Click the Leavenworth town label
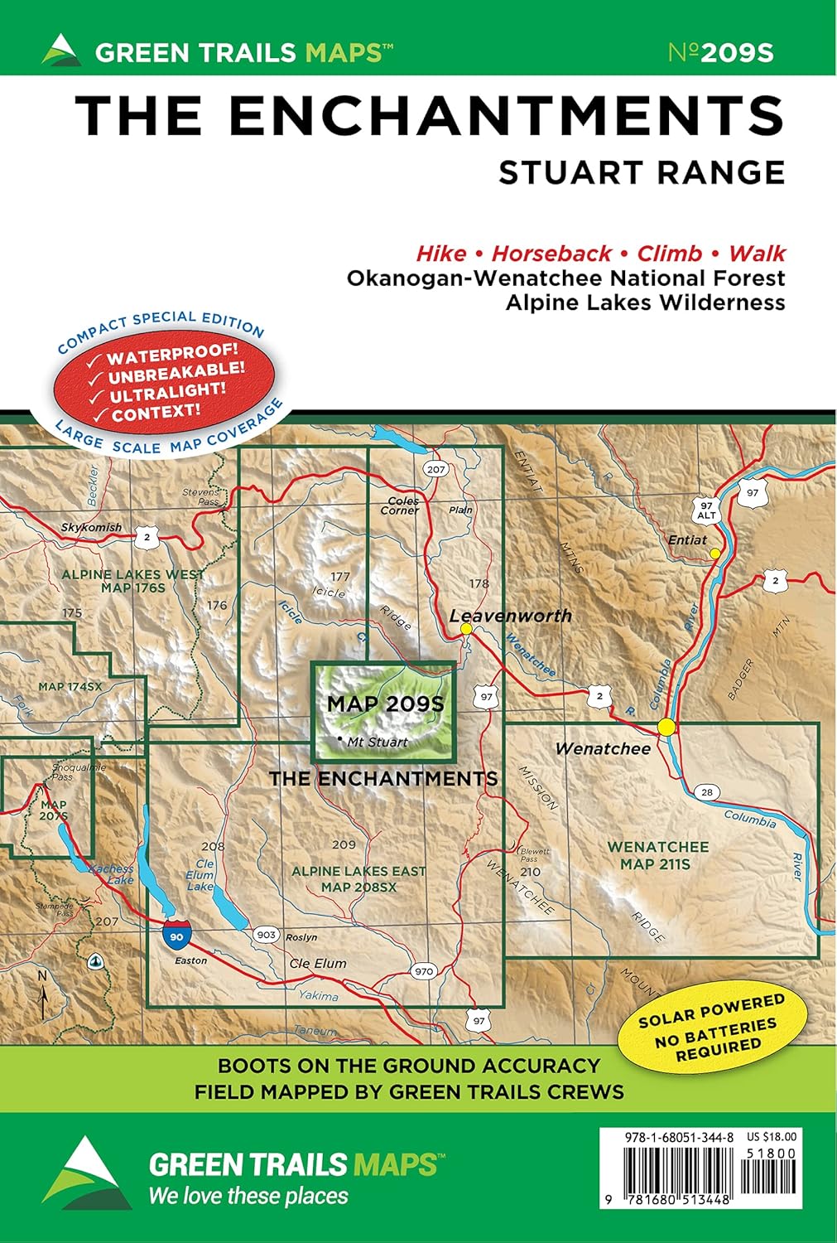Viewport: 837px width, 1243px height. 510,616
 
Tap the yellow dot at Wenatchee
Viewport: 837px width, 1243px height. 666,727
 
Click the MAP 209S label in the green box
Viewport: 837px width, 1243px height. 385,704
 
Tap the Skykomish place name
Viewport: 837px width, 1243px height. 91,527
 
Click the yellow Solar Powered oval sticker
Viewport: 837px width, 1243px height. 711,1028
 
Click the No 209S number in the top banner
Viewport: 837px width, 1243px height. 720,53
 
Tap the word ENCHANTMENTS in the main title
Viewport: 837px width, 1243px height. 505,115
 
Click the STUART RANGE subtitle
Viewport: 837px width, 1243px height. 642,172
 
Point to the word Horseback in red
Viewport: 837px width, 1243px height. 551,254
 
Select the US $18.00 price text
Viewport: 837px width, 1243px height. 771,1138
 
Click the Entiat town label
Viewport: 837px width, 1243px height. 687,539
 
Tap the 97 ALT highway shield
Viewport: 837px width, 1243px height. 705,510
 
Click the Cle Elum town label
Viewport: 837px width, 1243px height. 318,963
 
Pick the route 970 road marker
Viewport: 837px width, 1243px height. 423,971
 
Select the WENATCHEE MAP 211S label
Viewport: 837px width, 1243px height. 658,855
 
